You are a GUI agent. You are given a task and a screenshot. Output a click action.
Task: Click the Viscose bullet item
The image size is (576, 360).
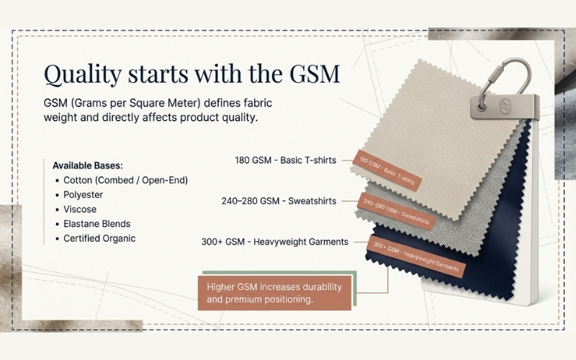point(80,209)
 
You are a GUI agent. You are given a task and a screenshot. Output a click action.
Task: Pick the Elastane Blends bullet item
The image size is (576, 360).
point(96,223)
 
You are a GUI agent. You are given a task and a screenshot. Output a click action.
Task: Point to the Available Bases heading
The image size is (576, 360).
point(88,165)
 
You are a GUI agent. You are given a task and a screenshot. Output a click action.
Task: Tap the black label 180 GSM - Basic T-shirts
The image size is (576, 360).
point(285,160)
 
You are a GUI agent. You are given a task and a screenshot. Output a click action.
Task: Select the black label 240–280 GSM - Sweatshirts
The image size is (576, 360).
point(279,201)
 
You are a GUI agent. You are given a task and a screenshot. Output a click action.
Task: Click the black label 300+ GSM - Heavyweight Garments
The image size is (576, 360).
point(275,242)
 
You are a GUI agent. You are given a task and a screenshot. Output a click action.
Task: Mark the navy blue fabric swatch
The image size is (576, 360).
point(504,216)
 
